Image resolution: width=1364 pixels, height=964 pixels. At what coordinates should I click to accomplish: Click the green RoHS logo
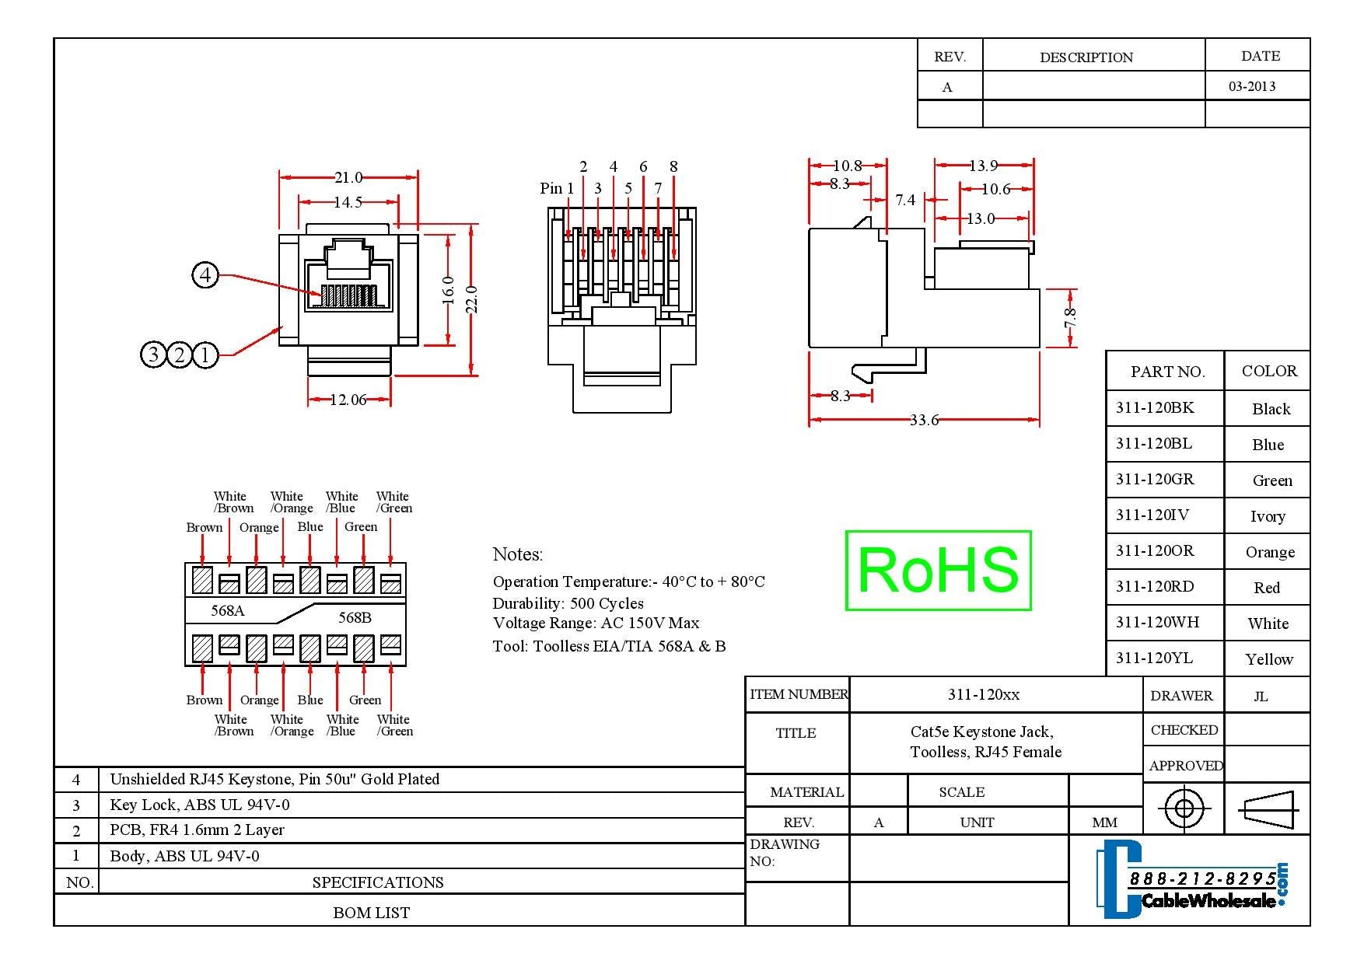pyautogui.click(x=938, y=570)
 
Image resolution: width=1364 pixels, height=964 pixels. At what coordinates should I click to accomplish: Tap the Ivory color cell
pyautogui.click(x=1268, y=516)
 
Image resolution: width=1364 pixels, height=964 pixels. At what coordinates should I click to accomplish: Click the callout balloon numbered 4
pyautogui.click(x=205, y=274)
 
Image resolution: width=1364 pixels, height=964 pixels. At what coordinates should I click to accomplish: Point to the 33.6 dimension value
pyautogui.click(x=924, y=421)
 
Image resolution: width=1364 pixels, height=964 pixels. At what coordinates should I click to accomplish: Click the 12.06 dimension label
pyautogui.click(x=348, y=400)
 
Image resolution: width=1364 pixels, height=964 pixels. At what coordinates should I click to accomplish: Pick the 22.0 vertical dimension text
pyautogui.click(x=471, y=299)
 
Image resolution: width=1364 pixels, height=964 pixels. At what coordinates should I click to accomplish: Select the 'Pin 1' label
pyautogui.click(x=557, y=188)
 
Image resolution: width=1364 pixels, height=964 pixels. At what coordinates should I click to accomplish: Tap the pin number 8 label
pyautogui.click(x=673, y=166)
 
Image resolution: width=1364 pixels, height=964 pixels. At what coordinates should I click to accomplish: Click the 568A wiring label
pyautogui.click(x=228, y=610)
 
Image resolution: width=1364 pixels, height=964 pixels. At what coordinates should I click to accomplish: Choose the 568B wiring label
pyautogui.click(x=355, y=617)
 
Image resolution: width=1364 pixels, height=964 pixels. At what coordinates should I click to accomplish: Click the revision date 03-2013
pyautogui.click(x=1252, y=86)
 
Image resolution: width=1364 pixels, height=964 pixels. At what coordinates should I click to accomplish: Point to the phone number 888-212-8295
pyautogui.click(x=1202, y=878)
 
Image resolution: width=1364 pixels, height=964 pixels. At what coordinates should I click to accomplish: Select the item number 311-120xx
pyautogui.click(x=984, y=694)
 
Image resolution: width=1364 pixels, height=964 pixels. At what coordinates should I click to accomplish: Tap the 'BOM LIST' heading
pyautogui.click(x=371, y=913)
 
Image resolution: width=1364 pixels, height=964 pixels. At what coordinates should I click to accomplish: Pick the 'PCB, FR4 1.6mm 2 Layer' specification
pyautogui.click(x=198, y=830)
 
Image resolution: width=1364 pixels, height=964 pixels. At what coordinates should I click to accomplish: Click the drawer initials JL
pyautogui.click(x=1261, y=697)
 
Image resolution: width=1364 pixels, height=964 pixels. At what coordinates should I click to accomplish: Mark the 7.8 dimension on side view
pyautogui.click(x=1071, y=317)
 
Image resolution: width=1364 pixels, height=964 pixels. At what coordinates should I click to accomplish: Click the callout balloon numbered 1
pyautogui.click(x=205, y=355)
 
